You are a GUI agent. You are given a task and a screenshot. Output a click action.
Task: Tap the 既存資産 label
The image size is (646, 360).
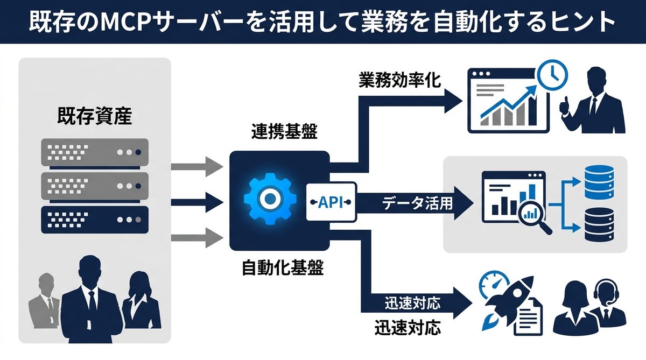(94, 116)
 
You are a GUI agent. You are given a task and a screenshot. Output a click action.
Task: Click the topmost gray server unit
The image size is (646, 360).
(94, 152)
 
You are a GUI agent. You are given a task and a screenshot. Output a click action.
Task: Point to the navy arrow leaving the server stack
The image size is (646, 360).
(197, 202)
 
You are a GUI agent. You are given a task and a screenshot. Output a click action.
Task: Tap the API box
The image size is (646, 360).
(331, 202)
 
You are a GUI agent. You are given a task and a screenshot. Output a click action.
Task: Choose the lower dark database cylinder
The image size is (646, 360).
(598, 225)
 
